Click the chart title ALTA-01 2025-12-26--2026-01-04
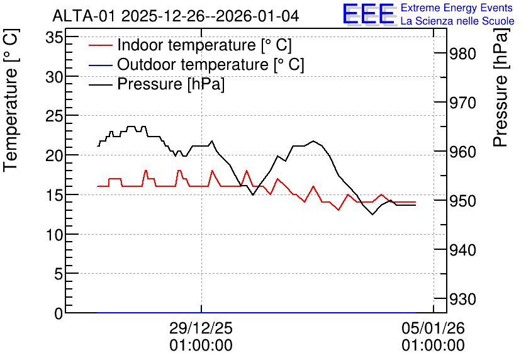pyautogui.click(x=176, y=16)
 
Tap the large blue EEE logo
pyautogui.click(x=368, y=14)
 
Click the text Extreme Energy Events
pyautogui.click(x=457, y=8)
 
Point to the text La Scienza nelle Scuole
pyautogui.click(x=457, y=21)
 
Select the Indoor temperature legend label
pyautogui.click(x=204, y=45)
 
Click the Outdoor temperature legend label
pyautogui.click(x=211, y=64)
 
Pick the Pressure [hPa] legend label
pyautogui.click(x=171, y=84)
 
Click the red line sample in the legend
pyautogui.click(x=100, y=45)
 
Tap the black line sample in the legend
pyautogui.click(x=100, y=84)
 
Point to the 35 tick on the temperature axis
pyautogui.click(x=54, y=37)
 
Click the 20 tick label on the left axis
pyautogui.click(x=54, y=155)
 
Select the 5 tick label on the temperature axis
pyautogui.click(x=59, y=274)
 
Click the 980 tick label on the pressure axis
pyautogui.click(x=462, y=54)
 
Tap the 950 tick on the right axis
pyautogui.click(x=462, y=201)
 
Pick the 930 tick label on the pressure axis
pyautogui.click(x=462, y=299)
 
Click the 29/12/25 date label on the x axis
pyautogui.click(x=201, y=328)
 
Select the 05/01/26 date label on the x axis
pyautogui.click(x=433, y=328)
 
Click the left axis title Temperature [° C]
pyautogui.click(x=11, y=101)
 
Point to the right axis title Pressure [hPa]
pyautogui.click(x=501, y=87)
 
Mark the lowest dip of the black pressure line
pyautogui.click(x=372, y=215)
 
